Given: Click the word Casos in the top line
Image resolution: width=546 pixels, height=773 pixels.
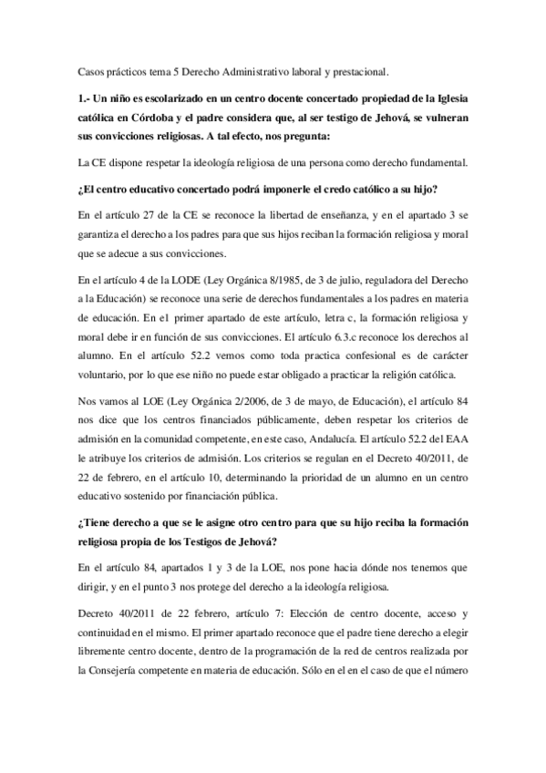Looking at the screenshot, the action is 93,68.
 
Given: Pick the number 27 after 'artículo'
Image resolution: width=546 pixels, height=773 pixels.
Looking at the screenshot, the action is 139,216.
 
